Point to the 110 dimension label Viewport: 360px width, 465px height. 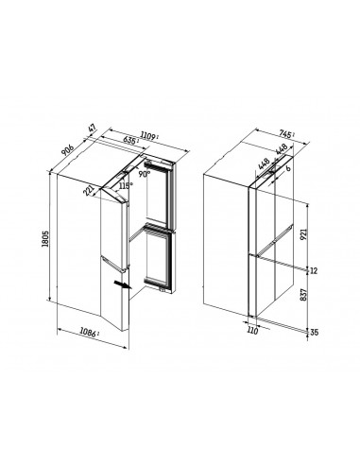coord(252,334)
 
